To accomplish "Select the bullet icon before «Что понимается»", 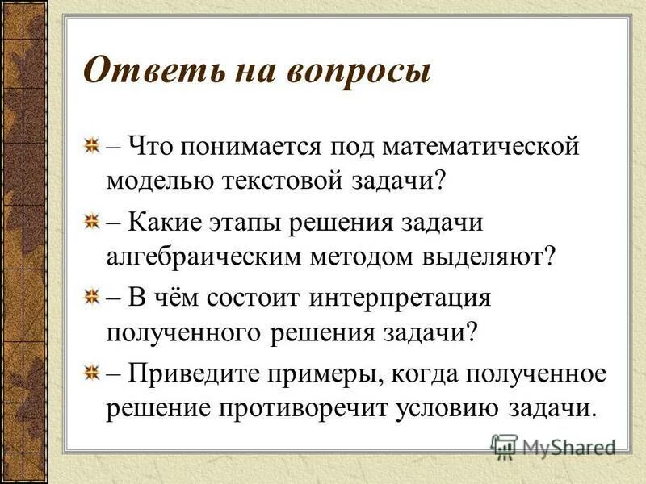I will pos(93,147).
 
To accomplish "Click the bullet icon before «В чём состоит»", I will pos(93,296).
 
